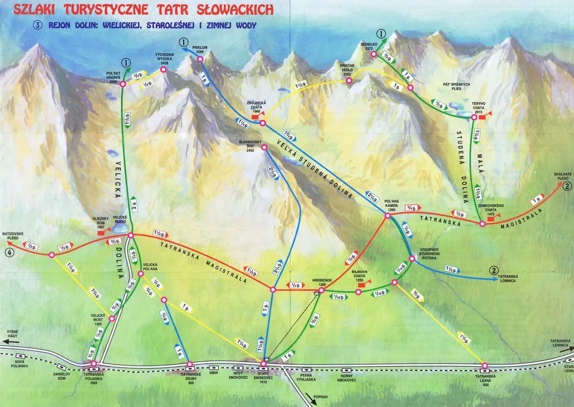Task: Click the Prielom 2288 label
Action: (200, 49)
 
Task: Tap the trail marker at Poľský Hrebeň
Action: (122, 84)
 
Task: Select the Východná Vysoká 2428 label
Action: (164, 59)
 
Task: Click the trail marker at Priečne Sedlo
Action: (349, 81)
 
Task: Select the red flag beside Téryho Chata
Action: (483, 116)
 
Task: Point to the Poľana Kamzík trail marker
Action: (387, 216)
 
